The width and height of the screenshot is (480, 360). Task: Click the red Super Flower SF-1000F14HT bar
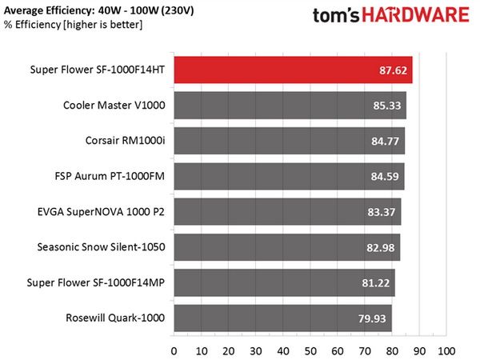coord(294,70)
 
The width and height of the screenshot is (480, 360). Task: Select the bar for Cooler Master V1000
coord(290,106)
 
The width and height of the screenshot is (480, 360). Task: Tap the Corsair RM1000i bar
coord(290,141)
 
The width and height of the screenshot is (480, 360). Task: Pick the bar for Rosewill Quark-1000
coord(283,318)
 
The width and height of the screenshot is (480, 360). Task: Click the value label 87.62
coord(393,70)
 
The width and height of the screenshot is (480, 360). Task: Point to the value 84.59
coord(385,176)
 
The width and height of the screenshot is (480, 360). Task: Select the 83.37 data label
coord(382,212)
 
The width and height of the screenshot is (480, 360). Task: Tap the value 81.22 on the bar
coord(376,283)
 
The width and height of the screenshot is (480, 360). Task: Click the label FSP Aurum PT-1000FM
coord(110,176)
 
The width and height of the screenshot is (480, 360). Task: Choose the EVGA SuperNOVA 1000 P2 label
coord(101,212)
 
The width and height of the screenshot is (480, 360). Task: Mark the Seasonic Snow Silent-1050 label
coord(101,247)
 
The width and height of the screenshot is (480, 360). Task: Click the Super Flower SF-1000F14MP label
coord(96,282)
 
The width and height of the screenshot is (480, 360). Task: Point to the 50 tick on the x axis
coord(310,351)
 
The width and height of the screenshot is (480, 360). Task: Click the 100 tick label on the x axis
coord(446,351)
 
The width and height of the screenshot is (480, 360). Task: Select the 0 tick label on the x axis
coord(174,351)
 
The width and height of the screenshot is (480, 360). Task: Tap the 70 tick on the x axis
coord(365,351)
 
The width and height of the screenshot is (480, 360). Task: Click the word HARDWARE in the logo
coord(416,15)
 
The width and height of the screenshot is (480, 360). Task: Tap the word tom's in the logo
coord(336,16)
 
